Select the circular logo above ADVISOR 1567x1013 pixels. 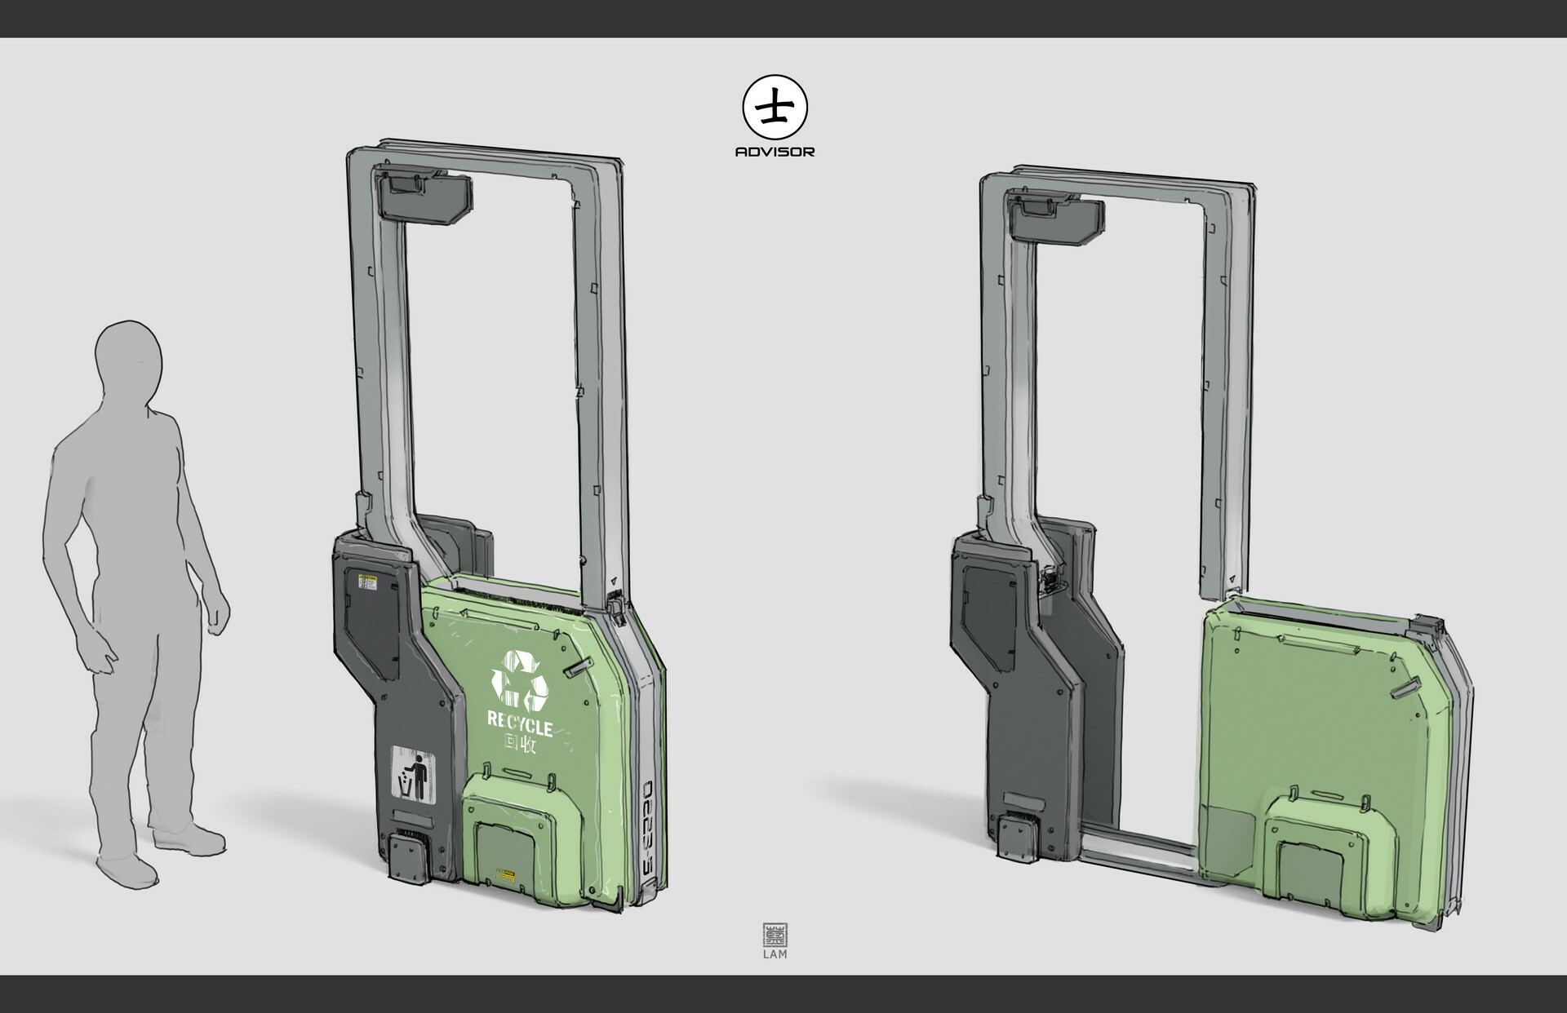click(775, 108)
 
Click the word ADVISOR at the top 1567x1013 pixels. click(775, 152)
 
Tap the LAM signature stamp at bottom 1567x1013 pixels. click(775, 940)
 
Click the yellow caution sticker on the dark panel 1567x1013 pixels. click(368, 582)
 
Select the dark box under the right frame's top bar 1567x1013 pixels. click(1058, 215)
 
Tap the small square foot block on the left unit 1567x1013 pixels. click(407, 857)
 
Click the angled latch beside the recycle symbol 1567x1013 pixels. click(575, 668)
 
